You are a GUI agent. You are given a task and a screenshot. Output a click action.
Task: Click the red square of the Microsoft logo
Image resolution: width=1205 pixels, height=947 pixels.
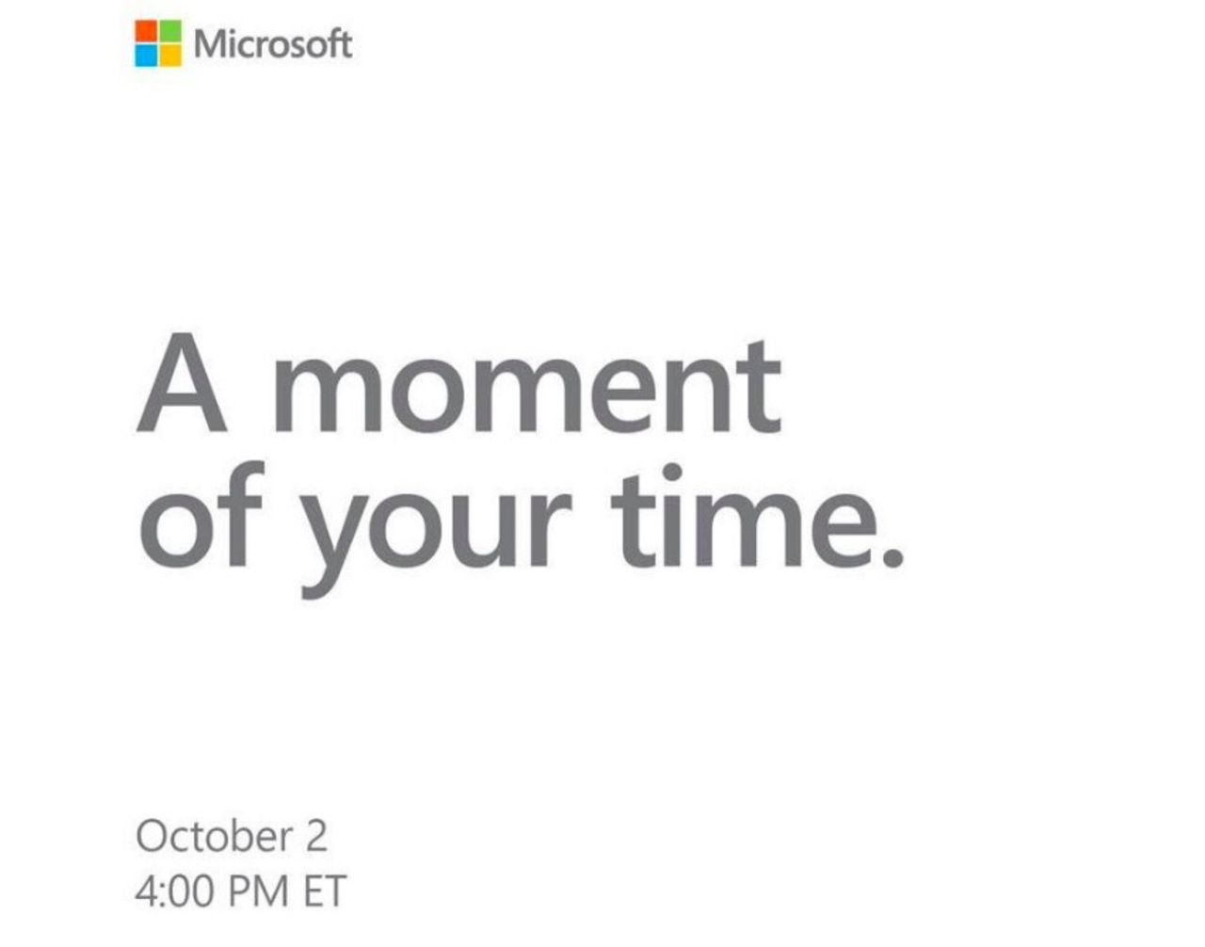click(x=146, y=32)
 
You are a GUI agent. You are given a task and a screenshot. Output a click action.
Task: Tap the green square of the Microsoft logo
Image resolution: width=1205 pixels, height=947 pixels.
click(x=170, y=32)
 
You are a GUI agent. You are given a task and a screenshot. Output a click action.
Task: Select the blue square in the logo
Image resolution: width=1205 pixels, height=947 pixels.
click(x=146, y=56)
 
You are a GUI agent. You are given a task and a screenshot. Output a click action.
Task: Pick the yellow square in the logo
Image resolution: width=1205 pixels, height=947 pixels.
click(x=170, y=56)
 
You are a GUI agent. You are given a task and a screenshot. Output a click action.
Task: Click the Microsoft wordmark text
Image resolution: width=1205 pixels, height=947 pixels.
click(x=273, y=44)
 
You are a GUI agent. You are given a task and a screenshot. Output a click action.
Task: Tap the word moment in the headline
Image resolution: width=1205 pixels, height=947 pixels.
click(x=526, y=387)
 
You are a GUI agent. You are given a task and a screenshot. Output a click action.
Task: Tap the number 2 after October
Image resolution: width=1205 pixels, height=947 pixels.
click(x=314, y=836)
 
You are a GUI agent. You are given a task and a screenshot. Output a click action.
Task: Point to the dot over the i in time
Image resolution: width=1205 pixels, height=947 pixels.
click(x=672, y=472)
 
